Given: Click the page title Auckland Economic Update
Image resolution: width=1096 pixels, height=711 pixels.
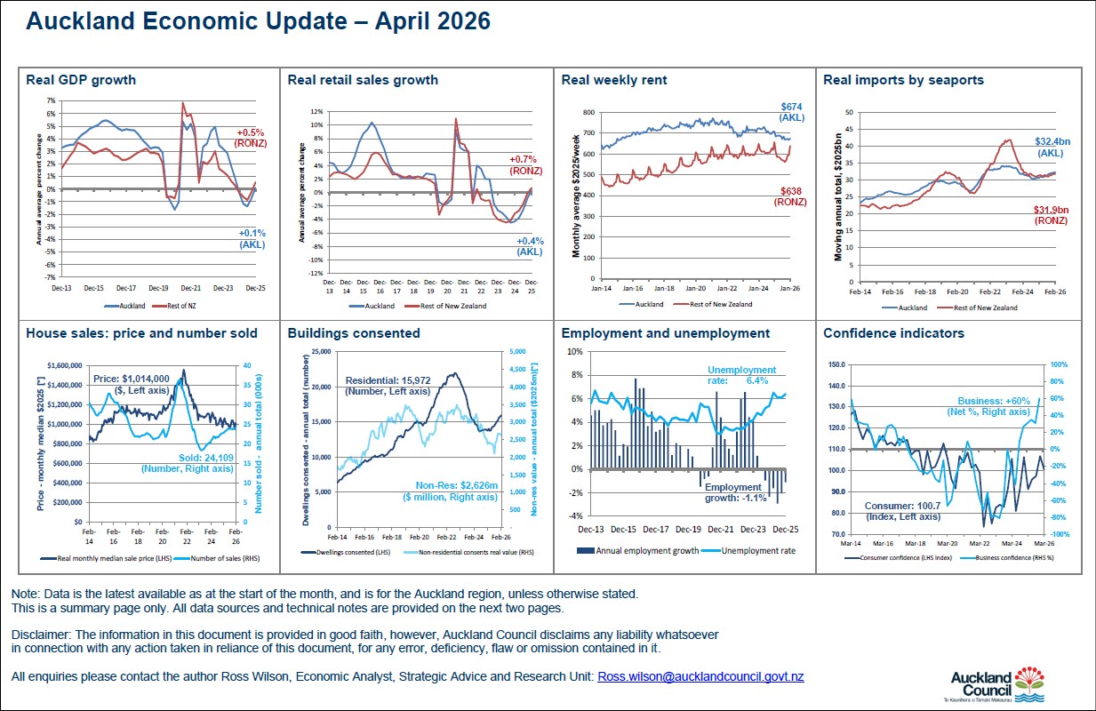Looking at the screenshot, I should pyautogui.click(x=258, y=21).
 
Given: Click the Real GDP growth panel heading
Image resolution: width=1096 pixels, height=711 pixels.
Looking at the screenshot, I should pyautogui.click(x=81, y=80).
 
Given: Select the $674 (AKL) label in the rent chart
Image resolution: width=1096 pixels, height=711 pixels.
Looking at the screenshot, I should pyautogui.click(x=791, y=111).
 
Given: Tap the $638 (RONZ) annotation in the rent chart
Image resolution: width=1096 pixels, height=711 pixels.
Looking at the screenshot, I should pyautogui.click(x=790, y=196).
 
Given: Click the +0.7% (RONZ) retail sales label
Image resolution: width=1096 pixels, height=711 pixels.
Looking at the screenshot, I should pyautogui.click(x=525, y=164).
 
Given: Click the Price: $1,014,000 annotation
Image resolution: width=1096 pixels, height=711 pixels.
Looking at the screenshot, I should pyautogui.click(x=131, y=383).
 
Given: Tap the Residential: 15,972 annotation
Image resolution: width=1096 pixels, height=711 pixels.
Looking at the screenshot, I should pyautogui.click(x=388, y=384).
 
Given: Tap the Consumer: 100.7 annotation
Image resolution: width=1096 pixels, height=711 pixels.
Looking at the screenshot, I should pyautogui.click(x=902, y=511).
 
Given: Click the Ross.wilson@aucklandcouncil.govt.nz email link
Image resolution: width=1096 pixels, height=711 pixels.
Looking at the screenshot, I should pyautogui.click(x=700, y=677).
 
